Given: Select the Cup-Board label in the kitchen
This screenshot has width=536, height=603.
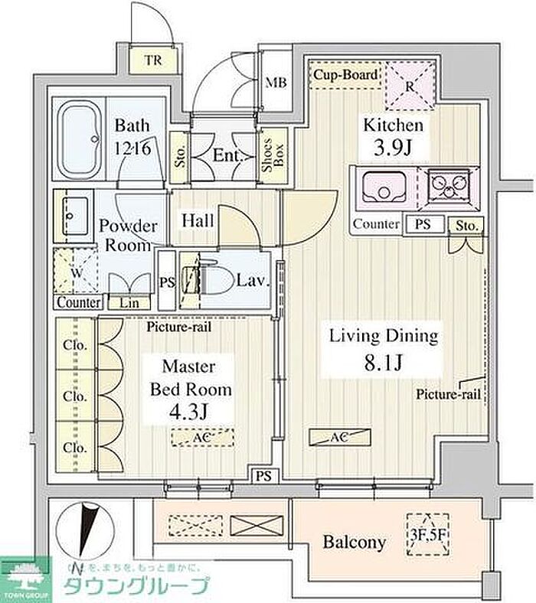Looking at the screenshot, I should click(345, 75).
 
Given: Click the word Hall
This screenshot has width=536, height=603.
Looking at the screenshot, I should click(198, 220).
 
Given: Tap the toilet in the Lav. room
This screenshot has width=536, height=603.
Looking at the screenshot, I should click(217, 282).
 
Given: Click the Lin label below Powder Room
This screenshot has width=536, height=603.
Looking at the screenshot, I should click(129, 303).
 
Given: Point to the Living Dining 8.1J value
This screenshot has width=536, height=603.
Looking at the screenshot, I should click(384, 362).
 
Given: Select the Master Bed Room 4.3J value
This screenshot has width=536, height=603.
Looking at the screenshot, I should click(191, 412).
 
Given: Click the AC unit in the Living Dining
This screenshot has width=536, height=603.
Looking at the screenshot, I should click(338, 437).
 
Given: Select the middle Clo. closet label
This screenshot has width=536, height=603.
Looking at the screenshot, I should click(75, 397).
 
